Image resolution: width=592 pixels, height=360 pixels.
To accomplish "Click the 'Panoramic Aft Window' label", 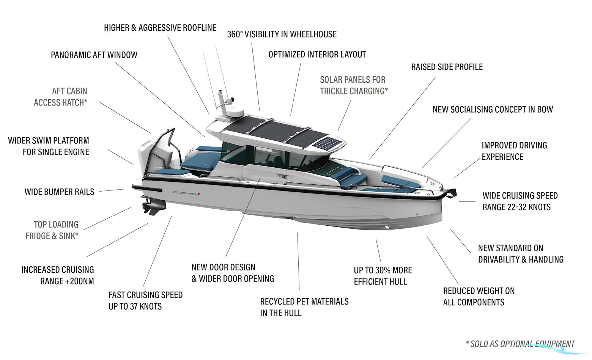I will (x=94, y=55).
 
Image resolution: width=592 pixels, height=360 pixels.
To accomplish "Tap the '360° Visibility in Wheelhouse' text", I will (x=282, y=34).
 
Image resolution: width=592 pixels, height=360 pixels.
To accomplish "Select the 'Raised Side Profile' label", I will (x=447, y=67).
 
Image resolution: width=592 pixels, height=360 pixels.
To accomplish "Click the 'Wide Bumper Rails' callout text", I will (x=59, y=192).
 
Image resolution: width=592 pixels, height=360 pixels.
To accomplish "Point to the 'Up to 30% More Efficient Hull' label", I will (x=383, y=276).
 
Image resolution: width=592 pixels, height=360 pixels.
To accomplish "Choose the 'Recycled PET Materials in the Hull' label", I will (x=304, y=307).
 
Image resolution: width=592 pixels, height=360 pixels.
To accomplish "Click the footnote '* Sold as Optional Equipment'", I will (x=520, y=344).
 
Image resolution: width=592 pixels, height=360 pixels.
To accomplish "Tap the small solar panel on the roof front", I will (x=329, y=144).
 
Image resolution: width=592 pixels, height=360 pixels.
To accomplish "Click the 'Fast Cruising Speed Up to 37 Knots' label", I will (x=145, y=300).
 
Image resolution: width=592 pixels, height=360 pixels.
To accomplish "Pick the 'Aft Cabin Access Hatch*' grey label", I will (x=61, y=97).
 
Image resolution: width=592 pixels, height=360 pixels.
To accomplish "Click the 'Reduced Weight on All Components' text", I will (x=479, y=297).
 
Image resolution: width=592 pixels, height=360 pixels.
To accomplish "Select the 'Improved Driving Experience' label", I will (x=514, y=151).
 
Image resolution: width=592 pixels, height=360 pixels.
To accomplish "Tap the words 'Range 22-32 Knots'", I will (x=516, y=207).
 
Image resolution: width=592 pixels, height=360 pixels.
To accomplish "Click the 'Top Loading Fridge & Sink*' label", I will (x=52, y=230).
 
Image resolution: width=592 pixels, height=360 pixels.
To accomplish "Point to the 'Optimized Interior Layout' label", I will (x=317, y=54).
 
